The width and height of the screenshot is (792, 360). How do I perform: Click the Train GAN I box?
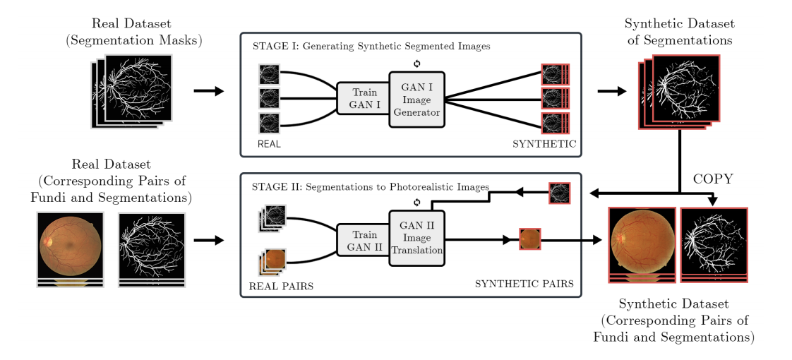(x=363, y=99)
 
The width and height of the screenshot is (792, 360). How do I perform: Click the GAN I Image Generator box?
(x=416, y=99)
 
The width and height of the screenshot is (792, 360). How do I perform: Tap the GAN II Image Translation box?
(x=416, y=239)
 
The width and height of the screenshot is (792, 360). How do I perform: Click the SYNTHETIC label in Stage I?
(x=544, y=143)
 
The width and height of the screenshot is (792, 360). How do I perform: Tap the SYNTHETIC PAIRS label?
(x=524, y=284)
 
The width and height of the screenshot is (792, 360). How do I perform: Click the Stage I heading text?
(x=371, y=46)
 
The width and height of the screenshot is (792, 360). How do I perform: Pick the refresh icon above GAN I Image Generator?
(x=416, y=64)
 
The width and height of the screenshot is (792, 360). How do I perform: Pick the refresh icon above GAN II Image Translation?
(x=416, y=203)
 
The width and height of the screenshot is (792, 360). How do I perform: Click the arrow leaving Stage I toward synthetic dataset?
(x=611, y=91)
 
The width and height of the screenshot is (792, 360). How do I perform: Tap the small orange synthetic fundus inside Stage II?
(x=529, y=239)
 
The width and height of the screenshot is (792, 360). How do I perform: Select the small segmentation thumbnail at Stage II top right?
(x=559, y=193)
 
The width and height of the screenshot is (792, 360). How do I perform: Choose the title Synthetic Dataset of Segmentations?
(x=678, y=32)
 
